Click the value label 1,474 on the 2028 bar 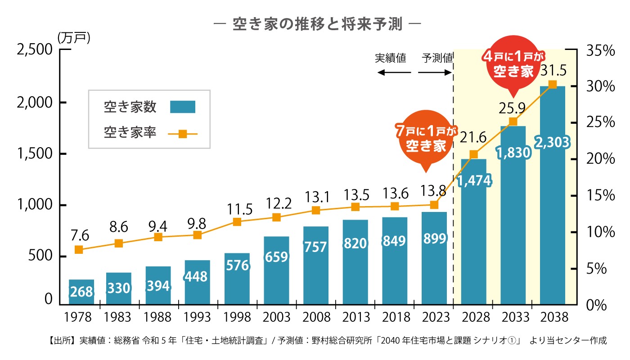coord(474,180)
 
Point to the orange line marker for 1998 coord(237,222)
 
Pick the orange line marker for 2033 coord(513,122)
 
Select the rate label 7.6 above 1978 coord(80,235)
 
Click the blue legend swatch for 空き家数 coord(183,107)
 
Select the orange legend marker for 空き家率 coord(183,134)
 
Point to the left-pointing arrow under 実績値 coord(394,72)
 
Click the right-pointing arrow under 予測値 coord(435,72)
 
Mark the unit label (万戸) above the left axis coord(74,39)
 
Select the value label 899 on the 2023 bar coord(434,239)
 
